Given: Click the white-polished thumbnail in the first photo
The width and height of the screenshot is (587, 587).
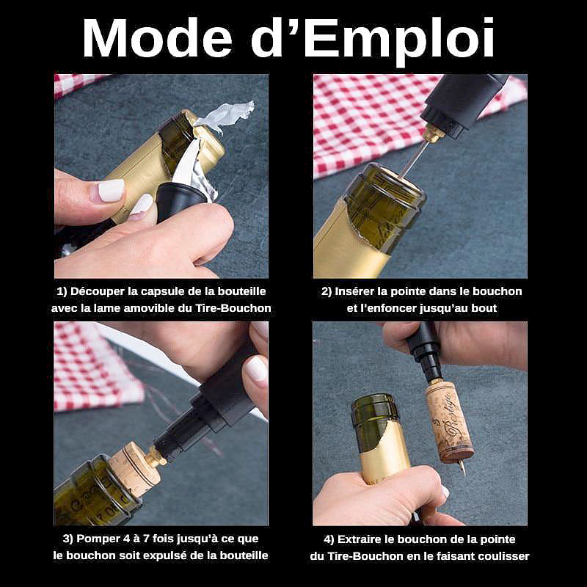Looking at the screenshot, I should pos(111,190).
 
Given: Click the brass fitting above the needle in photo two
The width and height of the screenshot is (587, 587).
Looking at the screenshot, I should pos(433,134).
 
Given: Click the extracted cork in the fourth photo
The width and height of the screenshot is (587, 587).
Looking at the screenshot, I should pos(449,422).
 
